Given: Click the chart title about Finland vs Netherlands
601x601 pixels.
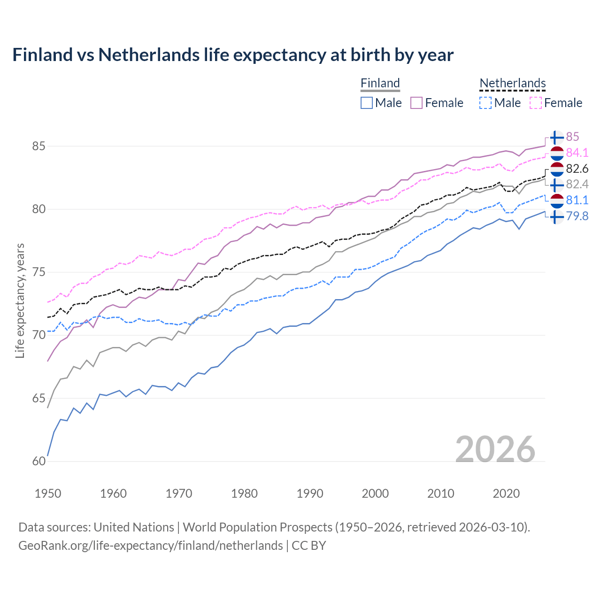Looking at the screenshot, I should click(x=233, y=55).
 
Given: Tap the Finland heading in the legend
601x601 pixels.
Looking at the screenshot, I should click(x=380, y=84).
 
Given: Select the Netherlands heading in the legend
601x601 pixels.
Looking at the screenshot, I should click(x=512, y=84).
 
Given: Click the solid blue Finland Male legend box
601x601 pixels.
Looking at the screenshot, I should click(x=367, y=103).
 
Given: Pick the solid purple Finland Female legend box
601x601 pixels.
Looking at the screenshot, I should click(x=416, y=103).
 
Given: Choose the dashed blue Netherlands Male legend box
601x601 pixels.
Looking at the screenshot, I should click(x=485, y=103).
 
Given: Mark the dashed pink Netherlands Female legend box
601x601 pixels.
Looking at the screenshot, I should click(x=535, y=103).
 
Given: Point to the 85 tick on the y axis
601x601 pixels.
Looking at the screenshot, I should click(x=39, y=146).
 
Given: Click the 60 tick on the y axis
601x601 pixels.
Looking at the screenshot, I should click(x=39, y=461).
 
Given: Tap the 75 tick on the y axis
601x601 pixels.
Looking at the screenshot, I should click(x=39, y=272).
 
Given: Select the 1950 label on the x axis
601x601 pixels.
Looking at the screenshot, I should click(x=48, y=493).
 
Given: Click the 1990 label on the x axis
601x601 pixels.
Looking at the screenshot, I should click(x=310, y=493).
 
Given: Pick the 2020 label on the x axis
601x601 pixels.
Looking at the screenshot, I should click(x=506, y=493).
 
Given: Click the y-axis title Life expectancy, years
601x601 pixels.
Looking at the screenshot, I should click(x=20, y=300).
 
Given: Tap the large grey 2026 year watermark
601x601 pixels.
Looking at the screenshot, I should click(x=495, y=449).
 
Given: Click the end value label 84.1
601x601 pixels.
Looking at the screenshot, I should click(x=577, y=153).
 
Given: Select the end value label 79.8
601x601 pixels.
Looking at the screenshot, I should click(x=577, y=216).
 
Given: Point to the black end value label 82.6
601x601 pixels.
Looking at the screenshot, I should click(x=577, y=169).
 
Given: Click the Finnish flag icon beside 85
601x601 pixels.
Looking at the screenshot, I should click(x=556, y=137).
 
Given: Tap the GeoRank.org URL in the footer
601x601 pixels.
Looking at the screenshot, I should click(x=150, y=546).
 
